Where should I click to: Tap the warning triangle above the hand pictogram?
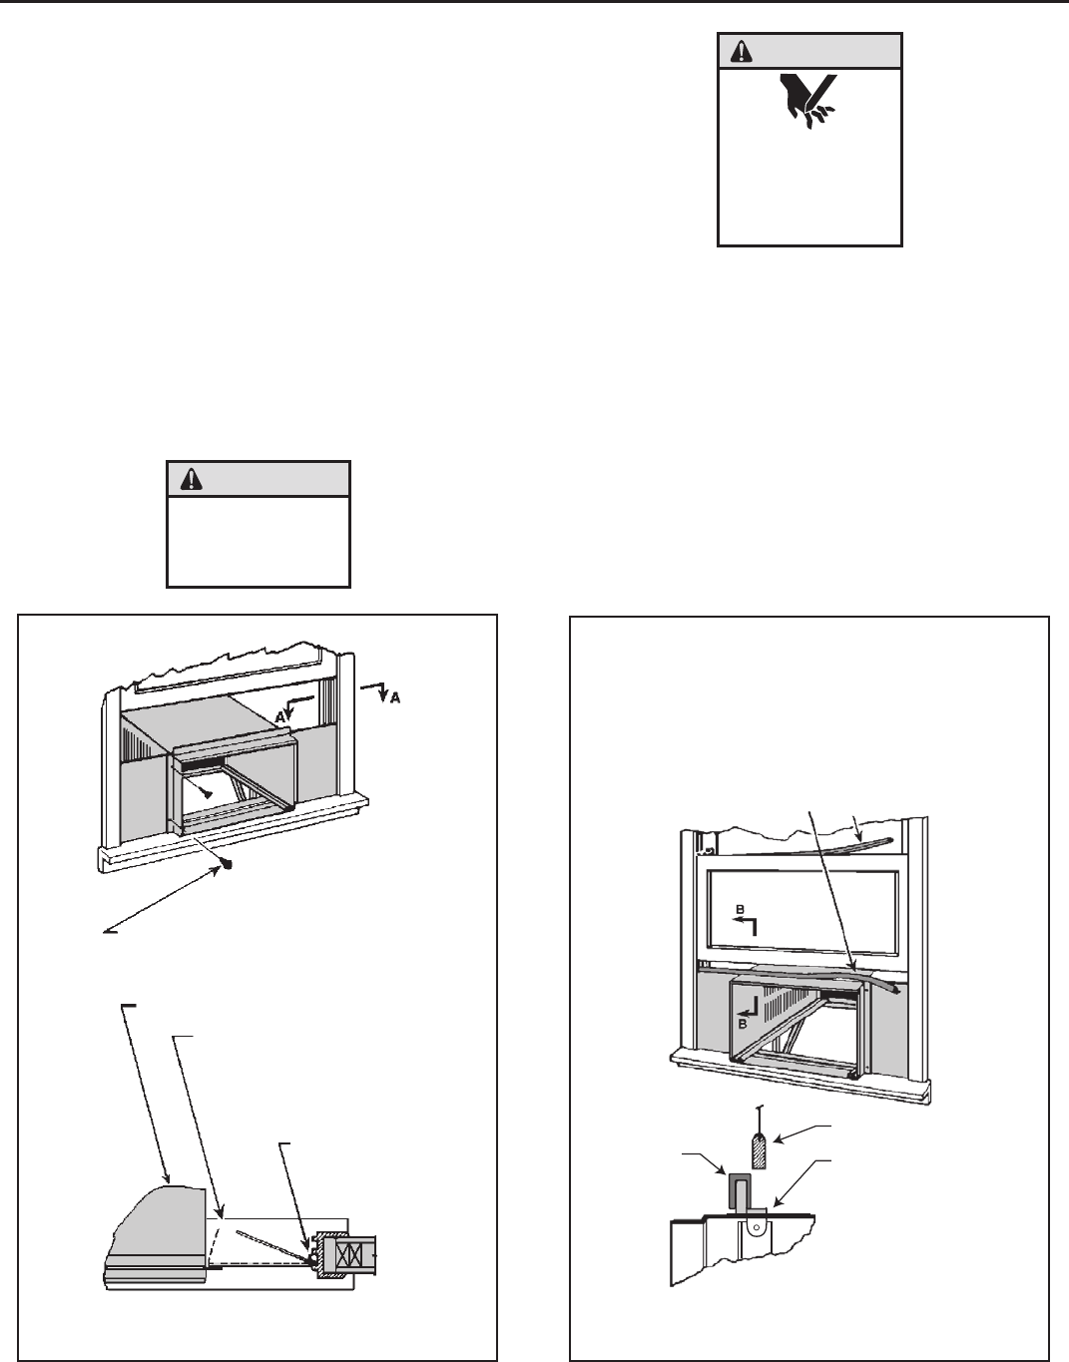(740, 51)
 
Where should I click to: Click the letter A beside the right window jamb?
(395, 698)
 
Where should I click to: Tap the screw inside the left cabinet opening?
(208, 793)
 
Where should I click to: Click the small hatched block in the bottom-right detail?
(760, 1144)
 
